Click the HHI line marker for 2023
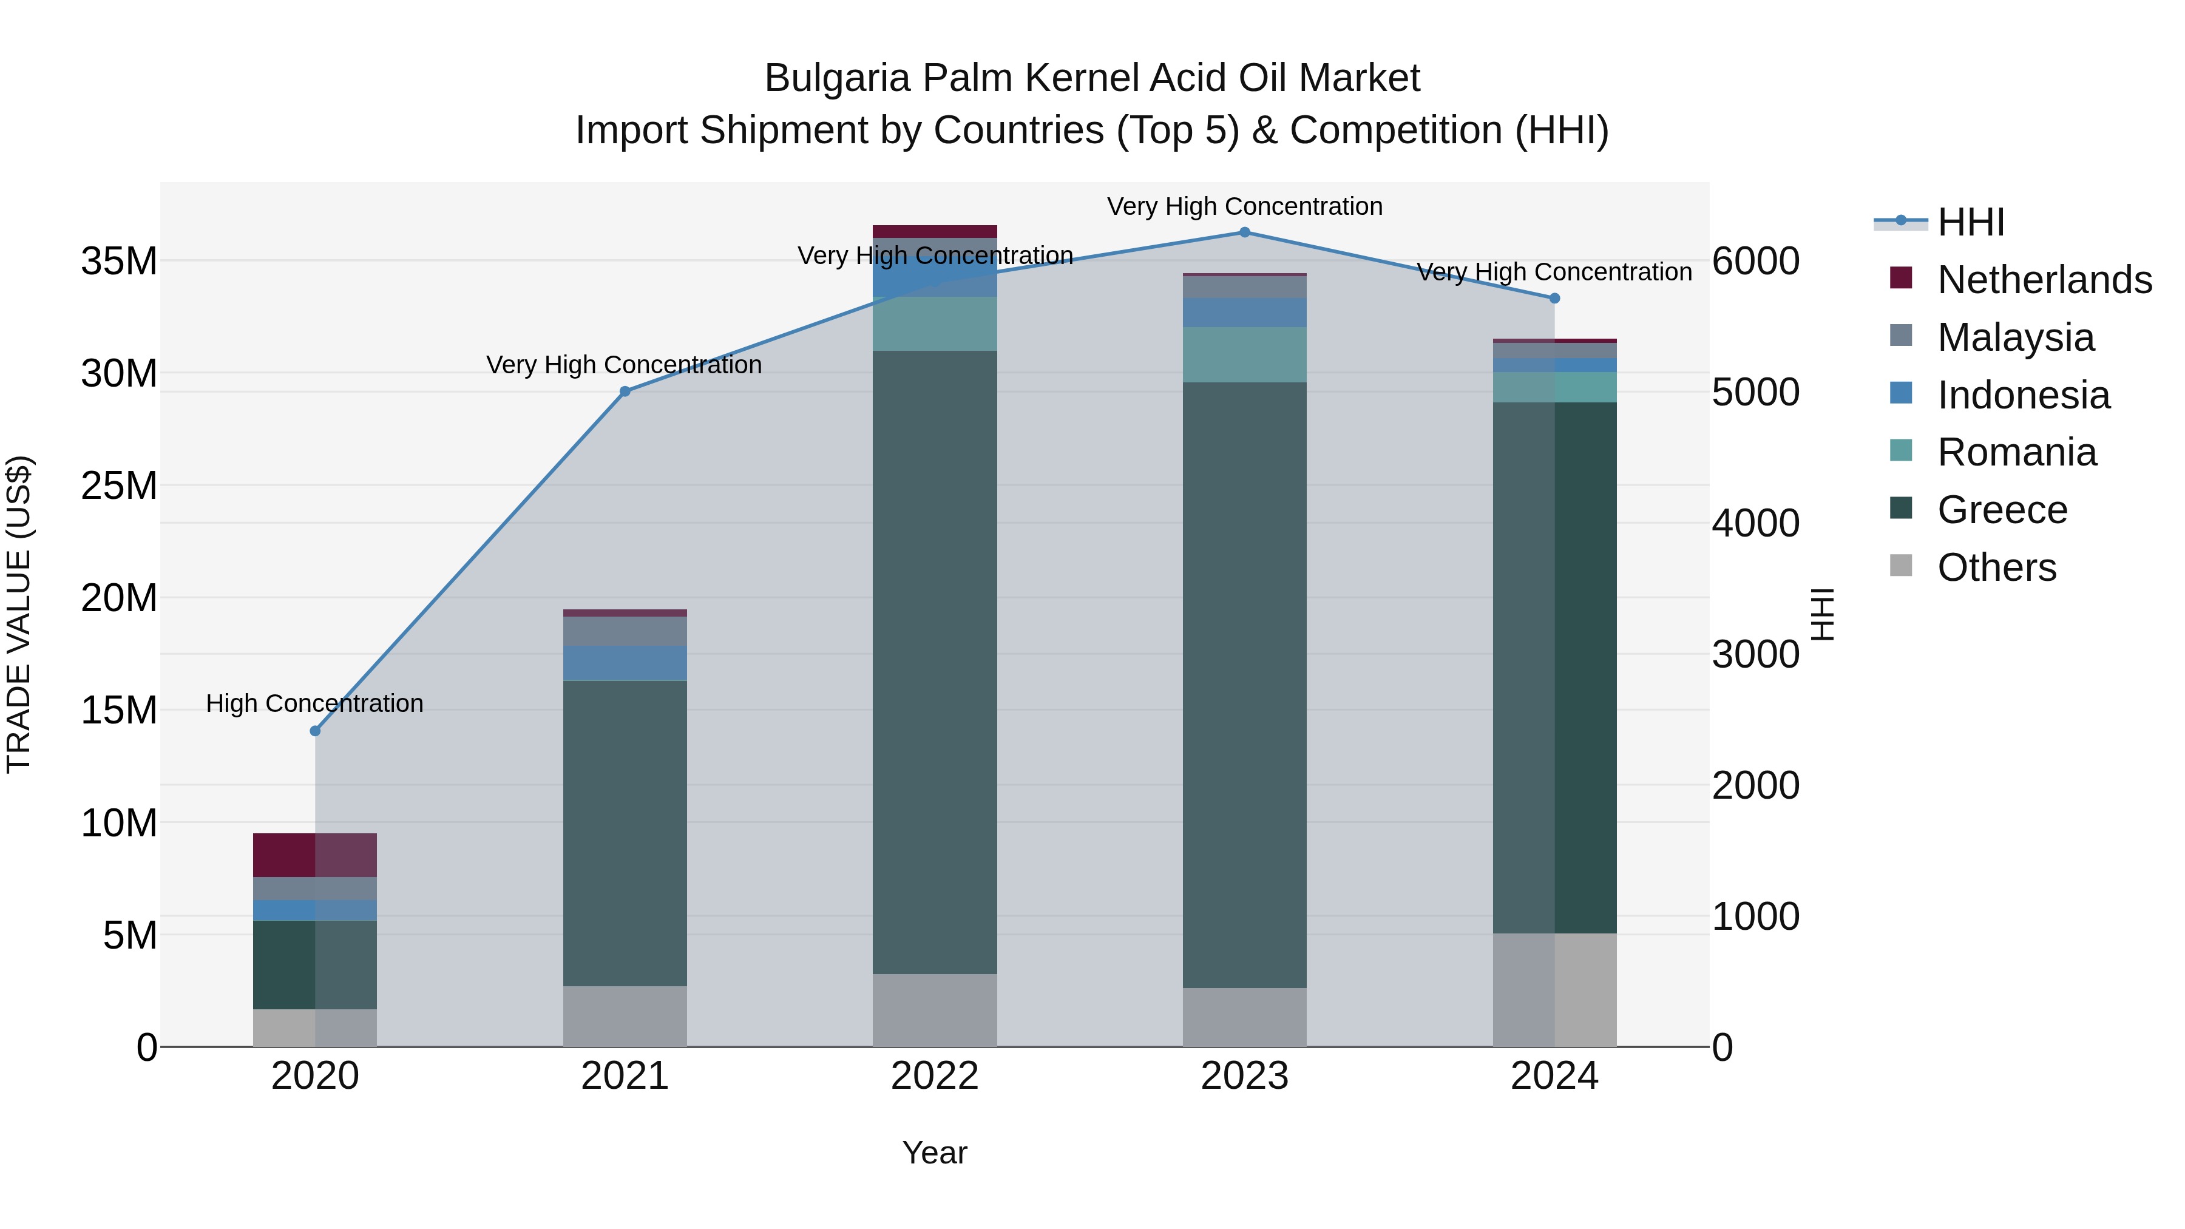point(1244,232)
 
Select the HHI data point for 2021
point(625,392)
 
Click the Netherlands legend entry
point(2044,280)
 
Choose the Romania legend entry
point(2016,453)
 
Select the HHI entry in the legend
point(1970,222)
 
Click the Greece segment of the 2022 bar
point(935,662)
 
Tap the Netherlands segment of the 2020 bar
point(314,855)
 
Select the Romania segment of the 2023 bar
point(1244,354)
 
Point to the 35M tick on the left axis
point(119,261)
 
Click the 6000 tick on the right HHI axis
point(1755,261)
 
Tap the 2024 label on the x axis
point(1554,1076)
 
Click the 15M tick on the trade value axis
point(119,711)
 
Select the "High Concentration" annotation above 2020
point(314,703)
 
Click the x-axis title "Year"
point(934,1153)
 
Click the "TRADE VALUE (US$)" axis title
point(19,614)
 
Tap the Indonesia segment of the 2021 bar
point(625,663)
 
